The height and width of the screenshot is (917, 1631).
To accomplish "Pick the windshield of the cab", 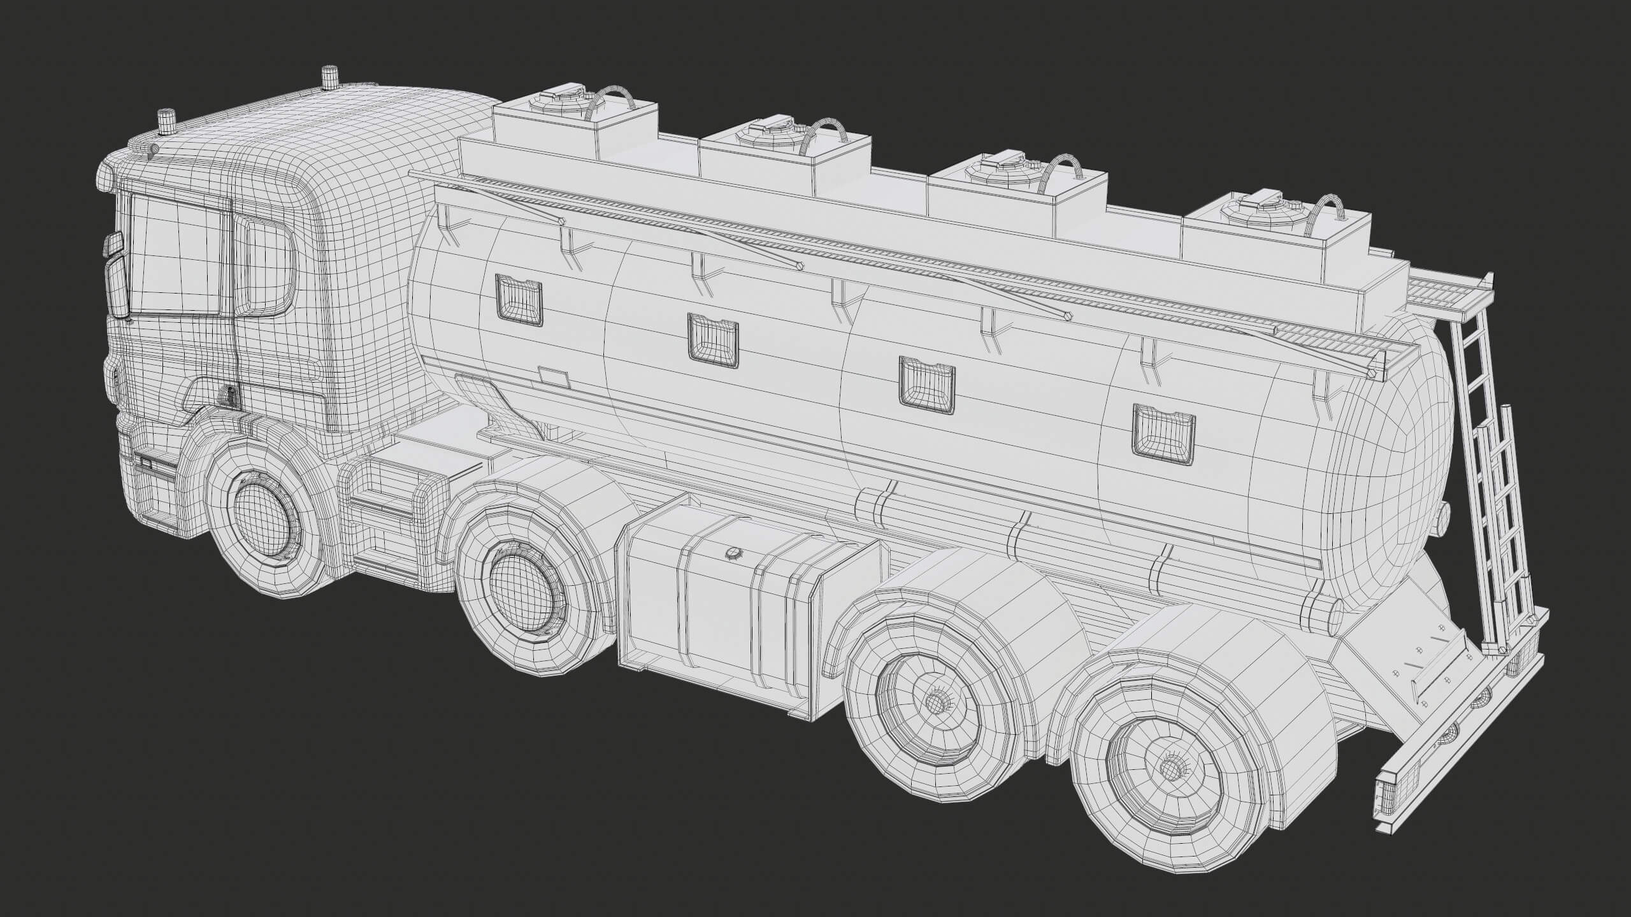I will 175,255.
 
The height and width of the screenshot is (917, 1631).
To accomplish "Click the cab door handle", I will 229,395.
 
